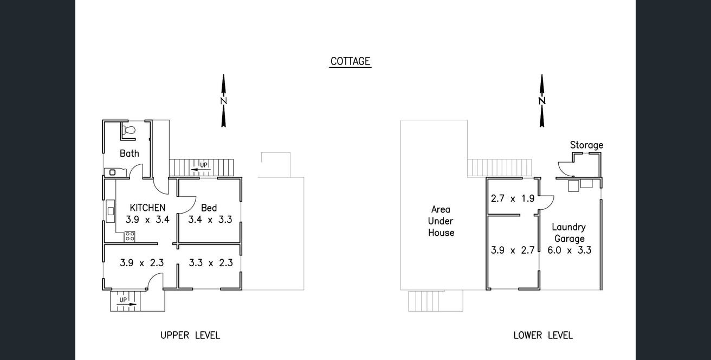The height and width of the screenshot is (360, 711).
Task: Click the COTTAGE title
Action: pyautogui.click(x=350, y=61)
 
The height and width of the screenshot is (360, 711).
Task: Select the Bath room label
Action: pyautogui.click(x=129, y=153)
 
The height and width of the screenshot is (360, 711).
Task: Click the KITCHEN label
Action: pyautogui.click(x=147, y=208)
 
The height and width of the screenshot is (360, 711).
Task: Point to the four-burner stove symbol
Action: pyautogui.click(x=130, y=236)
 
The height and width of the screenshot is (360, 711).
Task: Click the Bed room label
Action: pyautogui.click(x=209, y=208)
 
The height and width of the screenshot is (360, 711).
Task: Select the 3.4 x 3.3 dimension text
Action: pyautogui.click(x=210, y=220)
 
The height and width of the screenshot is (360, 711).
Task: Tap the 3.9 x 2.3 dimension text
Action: pyautogui.click(x=141, y=263)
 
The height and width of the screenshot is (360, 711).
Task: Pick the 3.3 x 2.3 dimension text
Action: pyautogui.click(x=211, y=263)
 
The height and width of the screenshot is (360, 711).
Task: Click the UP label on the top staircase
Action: pyautogui.click(x=204, y=165)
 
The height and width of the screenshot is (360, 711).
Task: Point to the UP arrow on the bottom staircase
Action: pyautogui.click(x=127, y=305)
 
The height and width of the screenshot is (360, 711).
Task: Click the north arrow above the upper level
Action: pyautogui.click(x=223, y=101)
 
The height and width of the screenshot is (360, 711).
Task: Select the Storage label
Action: pyautogui.click(x=586, y=145)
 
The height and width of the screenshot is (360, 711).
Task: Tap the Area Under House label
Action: pyautogui.click(x=441, y=221)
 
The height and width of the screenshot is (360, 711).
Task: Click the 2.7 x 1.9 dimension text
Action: pyautogui.click(x=513, y=199)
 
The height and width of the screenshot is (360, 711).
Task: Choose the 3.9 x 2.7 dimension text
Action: pyautogui.click(x=513, y=250)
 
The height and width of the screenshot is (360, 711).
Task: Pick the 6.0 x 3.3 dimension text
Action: pyautogui.click(x=570, y=250)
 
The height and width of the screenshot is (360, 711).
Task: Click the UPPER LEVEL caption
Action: pyautogui.click(x=190, y=335)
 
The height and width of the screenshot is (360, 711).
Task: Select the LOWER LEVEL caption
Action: pyautogui.click(x=543, y=335)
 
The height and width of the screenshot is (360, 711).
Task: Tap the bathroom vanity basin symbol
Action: pyautogui.click(x=112, y=172)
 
